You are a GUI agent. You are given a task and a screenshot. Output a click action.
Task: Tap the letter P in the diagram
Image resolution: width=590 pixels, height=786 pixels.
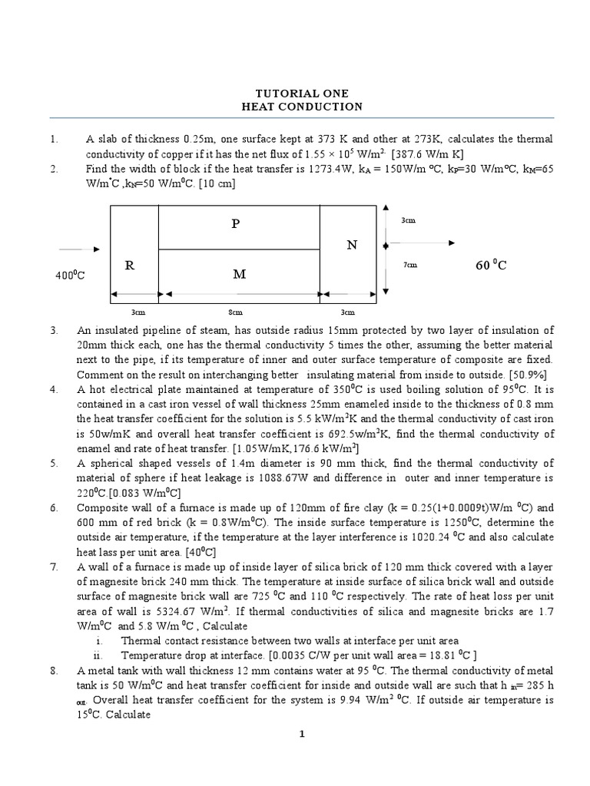[237, 223]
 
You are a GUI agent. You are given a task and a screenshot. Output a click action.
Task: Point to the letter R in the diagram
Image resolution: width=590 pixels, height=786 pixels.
[130, 266]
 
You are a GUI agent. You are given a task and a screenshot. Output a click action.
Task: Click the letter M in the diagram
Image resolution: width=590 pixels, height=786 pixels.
[239, 273]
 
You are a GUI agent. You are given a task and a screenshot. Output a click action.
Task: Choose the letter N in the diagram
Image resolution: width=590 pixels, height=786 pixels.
[352, 245]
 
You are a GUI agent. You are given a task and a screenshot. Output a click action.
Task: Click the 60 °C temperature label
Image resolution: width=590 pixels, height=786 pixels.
[491, 266]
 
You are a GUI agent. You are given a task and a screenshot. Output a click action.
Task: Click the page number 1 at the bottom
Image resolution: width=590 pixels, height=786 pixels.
[302, 735]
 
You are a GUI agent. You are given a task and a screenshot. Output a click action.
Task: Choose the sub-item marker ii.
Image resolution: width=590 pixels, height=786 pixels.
[98, 655]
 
